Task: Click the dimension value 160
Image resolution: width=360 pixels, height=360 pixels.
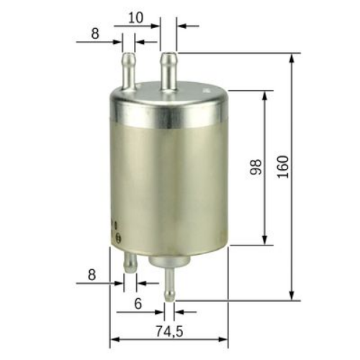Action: tap(283, 168)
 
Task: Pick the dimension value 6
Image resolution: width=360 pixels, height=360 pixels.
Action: tap(137, 305)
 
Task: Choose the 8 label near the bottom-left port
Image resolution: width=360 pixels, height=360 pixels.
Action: tap(91, 274)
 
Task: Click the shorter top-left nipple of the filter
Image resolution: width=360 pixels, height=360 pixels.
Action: tap(130, 66)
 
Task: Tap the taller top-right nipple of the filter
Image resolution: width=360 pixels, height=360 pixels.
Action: tap(168, 70)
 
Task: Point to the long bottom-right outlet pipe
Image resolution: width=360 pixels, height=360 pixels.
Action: tap(169, 281)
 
